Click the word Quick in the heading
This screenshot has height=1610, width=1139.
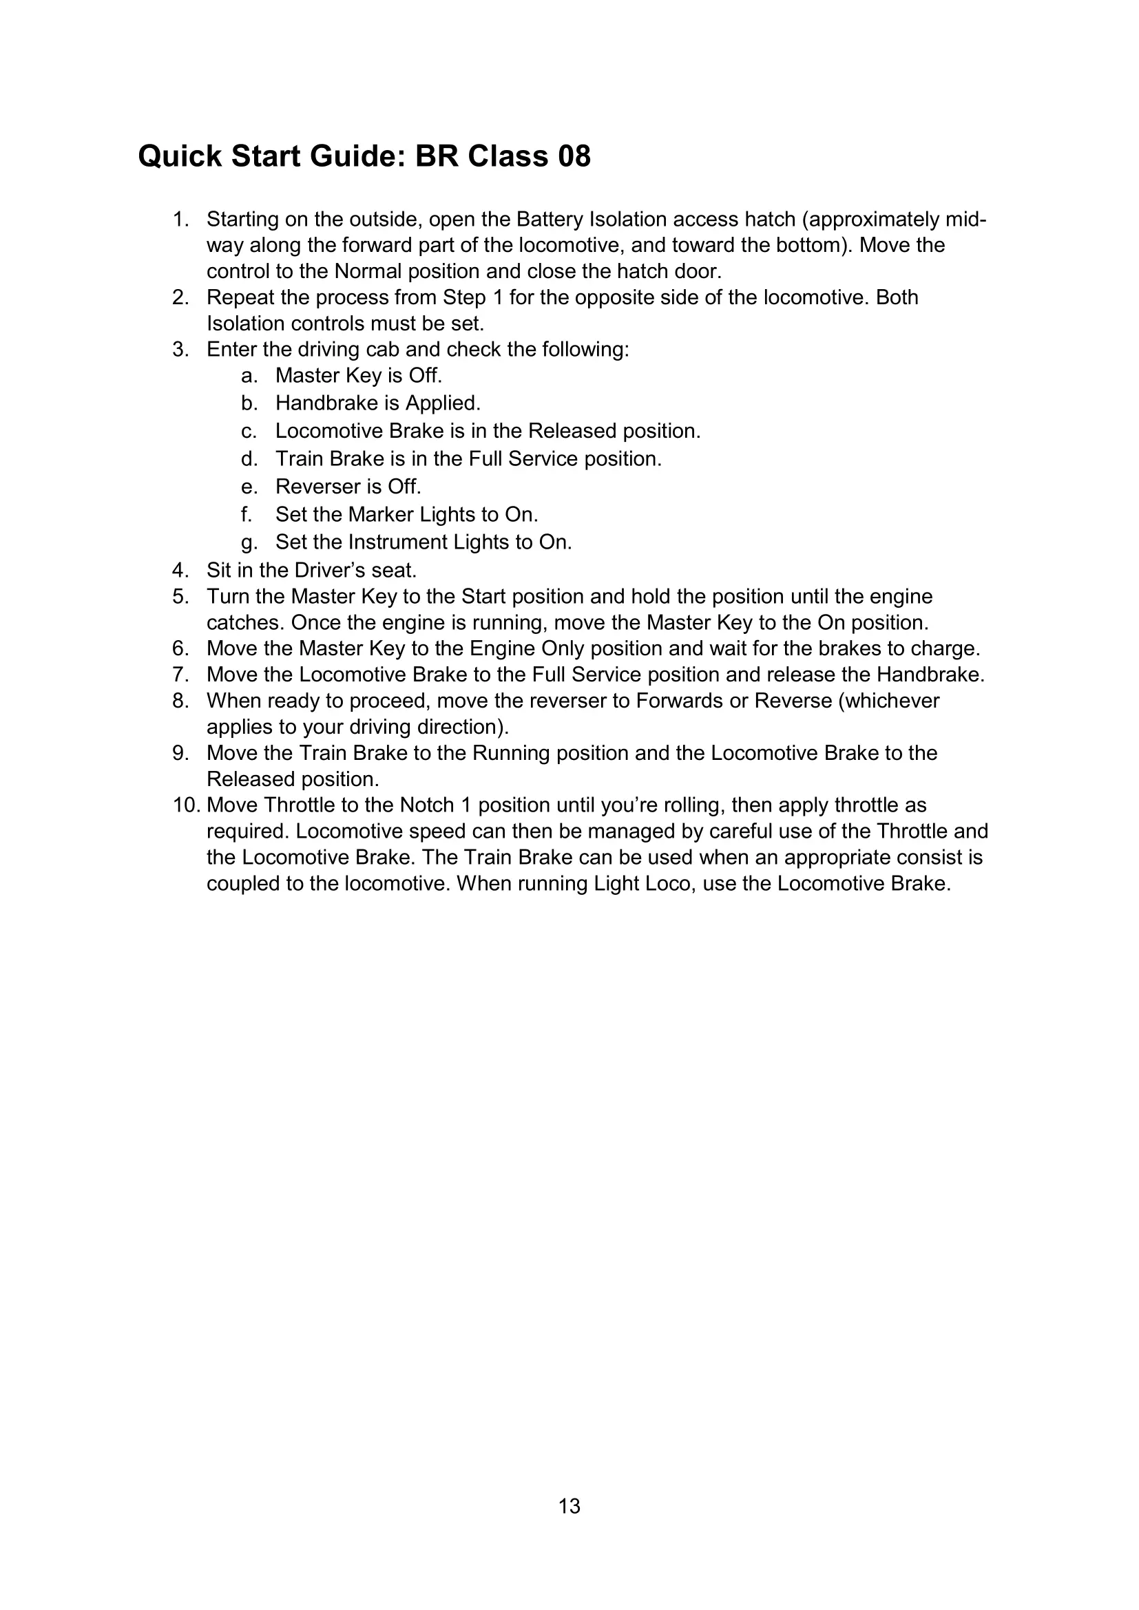coord(180,156)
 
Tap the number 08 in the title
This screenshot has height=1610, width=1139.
coord(574,156)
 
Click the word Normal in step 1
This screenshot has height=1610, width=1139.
coord(368,271)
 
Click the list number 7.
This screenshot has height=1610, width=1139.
coord(181,675)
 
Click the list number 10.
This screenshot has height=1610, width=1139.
coord(187,805)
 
